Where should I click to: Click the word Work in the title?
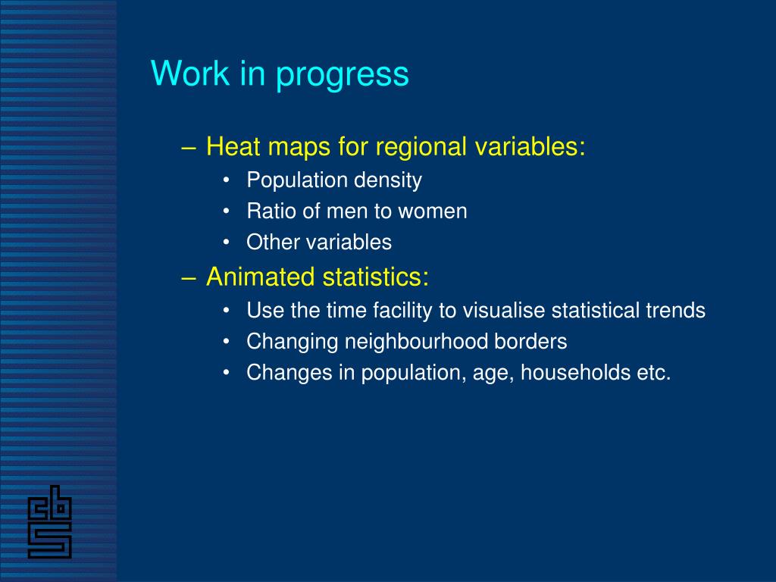190,74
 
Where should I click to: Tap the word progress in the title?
342,76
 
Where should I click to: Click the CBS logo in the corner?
49,521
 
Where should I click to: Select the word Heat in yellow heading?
233,146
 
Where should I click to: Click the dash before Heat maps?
189,148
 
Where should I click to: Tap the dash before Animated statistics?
189,278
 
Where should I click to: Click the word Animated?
261,276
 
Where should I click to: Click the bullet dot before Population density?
226,180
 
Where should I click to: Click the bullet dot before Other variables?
226,242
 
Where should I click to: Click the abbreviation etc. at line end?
654,373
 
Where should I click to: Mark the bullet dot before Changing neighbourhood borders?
226,342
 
